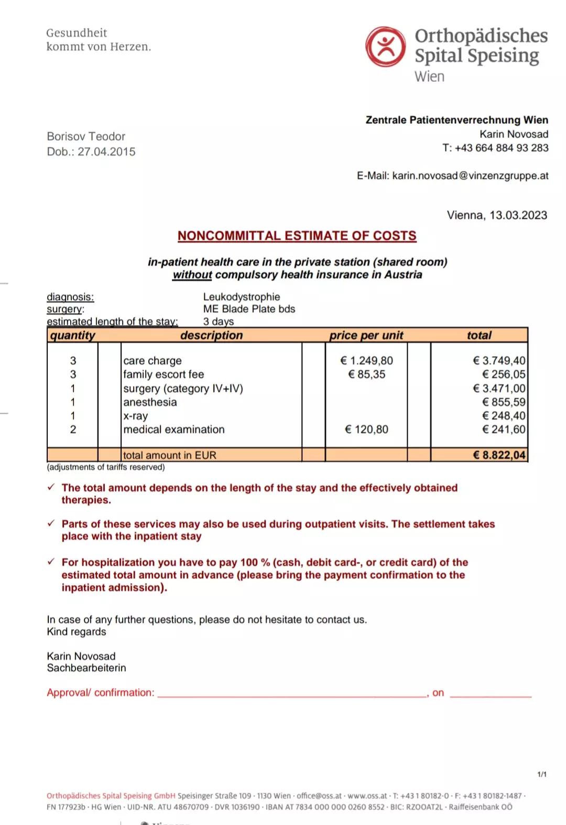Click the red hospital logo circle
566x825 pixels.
(x=386, y=47)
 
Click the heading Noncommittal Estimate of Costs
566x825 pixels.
(x=297, y=236)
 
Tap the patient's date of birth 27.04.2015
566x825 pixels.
(x=106, y=152)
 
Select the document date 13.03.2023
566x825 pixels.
(x=518, y=215)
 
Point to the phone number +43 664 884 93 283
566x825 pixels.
(x=502, y=148)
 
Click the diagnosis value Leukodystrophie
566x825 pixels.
(x=242, y=297)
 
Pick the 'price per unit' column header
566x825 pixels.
(x=366, y=335)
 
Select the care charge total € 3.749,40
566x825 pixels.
(x=499, y=361)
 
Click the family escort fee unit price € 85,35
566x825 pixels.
(x=366, y=374)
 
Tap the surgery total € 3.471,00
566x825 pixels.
(x=499, y=389)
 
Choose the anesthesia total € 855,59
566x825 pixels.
(x=503, y=402)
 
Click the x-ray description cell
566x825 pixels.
(x=136, y=416)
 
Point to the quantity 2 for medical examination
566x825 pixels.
(x=73, y=430)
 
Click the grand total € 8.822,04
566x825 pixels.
(x=499, y=455)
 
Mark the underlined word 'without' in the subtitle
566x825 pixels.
(x=192, y=275)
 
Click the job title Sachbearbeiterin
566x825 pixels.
(x=86, y=668)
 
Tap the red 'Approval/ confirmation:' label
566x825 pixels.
(x=101, y=692)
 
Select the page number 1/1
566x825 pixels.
(x=542, y=774)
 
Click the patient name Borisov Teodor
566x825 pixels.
(x=86, y=136)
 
